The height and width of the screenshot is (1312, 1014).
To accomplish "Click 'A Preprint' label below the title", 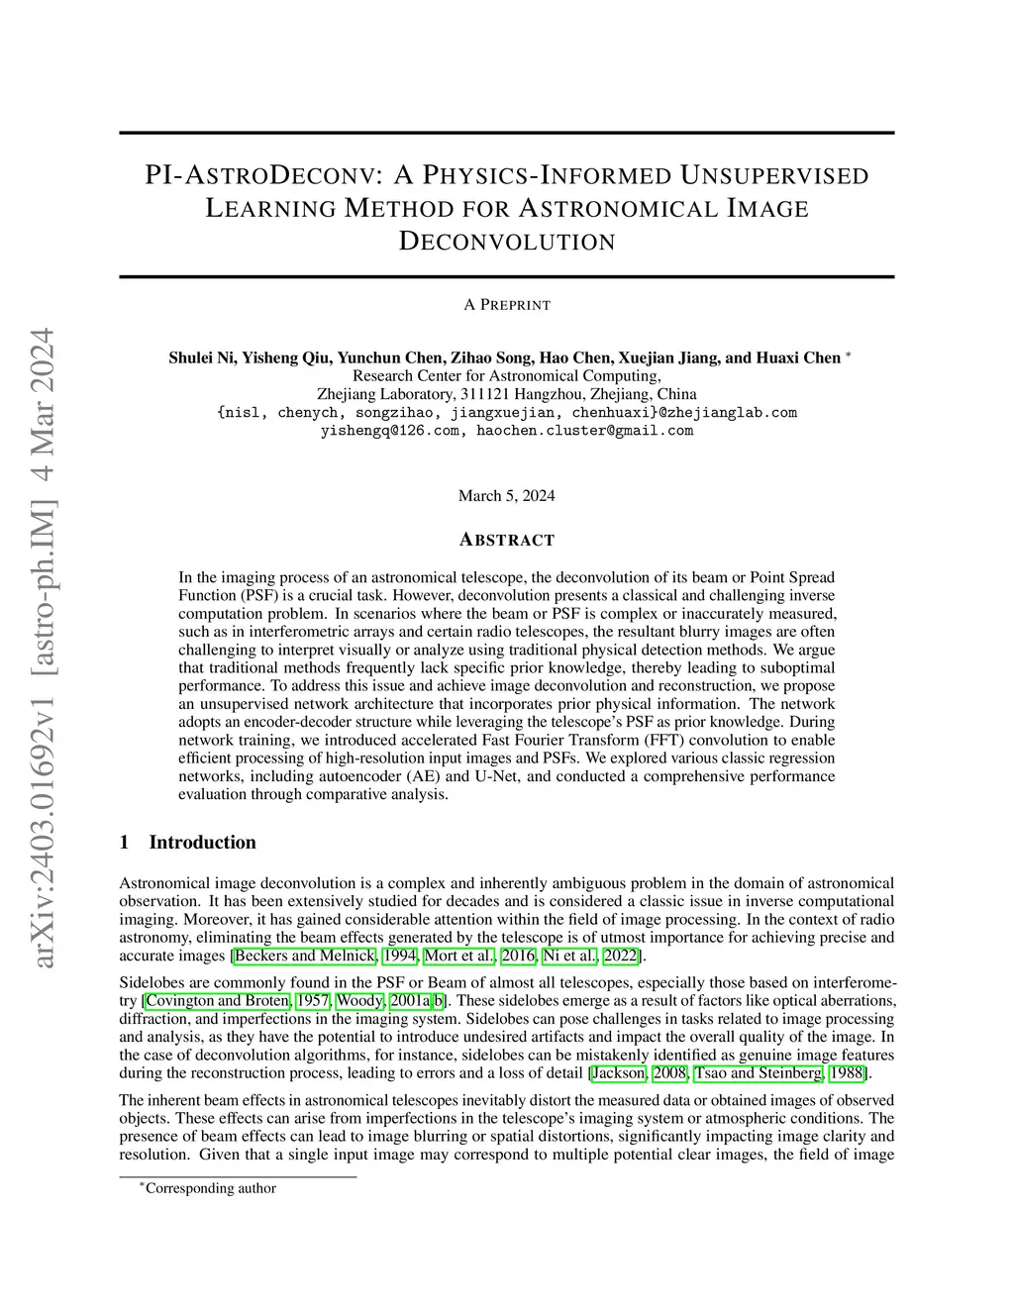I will pos(506,305).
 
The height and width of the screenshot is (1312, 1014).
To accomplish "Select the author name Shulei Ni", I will pos(201,357).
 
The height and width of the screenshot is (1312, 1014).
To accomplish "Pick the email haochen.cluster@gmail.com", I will pos(585,431).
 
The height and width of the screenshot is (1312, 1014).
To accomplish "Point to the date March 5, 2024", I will pos(506,495).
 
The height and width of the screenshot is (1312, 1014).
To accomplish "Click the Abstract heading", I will pos(506,540).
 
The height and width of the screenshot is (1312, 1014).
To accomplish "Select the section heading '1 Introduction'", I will pos(187,843).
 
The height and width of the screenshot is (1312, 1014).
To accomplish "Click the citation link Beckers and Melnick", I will pos(305,956).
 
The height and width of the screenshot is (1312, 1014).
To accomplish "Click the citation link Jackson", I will pos(619,1072).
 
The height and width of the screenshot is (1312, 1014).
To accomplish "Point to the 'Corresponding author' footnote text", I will pos(210,1188).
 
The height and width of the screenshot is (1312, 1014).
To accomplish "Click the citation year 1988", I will pos(849,1072).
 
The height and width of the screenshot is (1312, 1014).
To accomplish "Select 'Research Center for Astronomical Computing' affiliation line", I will pos(506,376).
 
